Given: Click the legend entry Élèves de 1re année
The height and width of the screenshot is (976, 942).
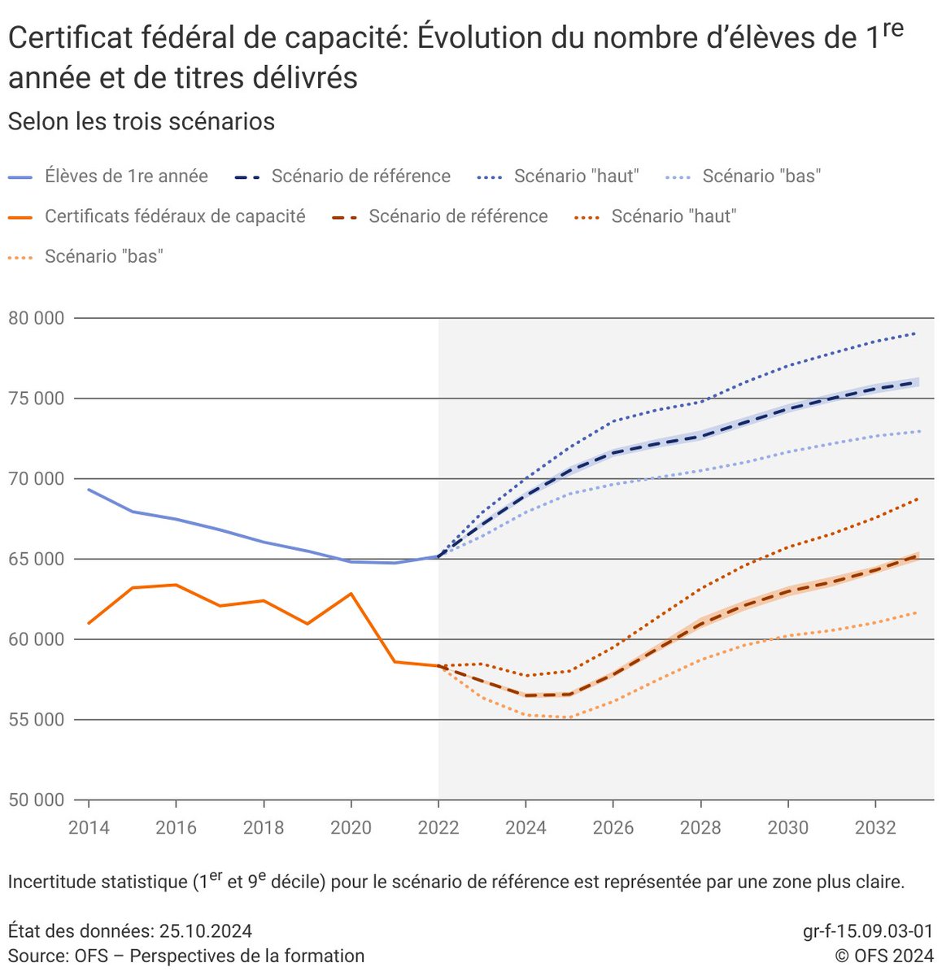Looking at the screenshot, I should point(126,176).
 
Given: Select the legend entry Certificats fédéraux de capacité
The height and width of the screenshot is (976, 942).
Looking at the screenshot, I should point(175,216).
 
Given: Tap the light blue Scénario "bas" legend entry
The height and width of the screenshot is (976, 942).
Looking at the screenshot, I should point(761,176).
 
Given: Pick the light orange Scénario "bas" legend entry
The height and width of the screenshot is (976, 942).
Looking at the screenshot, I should point(103,256).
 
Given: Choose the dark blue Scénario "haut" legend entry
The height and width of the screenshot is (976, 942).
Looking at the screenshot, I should point(576,176).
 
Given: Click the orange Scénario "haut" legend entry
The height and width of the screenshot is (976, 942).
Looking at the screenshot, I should point(674,216).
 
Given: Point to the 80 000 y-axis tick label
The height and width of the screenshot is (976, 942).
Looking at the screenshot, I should point(36,318).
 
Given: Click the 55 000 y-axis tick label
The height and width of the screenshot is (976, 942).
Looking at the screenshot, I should point(36,720).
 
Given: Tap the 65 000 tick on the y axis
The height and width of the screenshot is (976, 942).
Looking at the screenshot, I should point(36,560).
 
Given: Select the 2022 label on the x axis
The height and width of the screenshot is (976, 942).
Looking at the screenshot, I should point(438,828).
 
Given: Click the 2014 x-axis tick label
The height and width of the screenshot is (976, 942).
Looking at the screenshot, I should point(89,828).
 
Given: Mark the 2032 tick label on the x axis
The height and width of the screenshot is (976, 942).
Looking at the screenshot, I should point(874,828).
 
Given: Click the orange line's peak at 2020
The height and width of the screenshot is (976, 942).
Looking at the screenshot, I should point(351,594).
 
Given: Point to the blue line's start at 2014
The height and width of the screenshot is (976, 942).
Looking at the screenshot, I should point(89,490).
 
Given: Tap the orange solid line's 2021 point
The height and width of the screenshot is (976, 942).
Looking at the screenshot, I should point(395,661).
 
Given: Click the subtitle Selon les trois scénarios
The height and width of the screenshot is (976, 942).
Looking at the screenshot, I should point(142,122).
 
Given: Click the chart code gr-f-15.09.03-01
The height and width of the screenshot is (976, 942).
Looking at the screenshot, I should point(867,931).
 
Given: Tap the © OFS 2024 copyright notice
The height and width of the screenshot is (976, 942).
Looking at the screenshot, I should point(883,956).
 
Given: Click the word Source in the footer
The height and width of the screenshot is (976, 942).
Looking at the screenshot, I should point(35,956).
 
